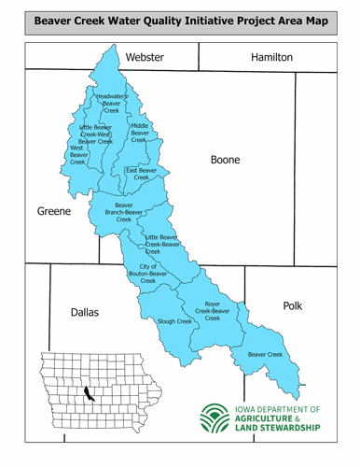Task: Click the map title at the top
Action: click(180, 21)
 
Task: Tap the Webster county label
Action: click(145, 58)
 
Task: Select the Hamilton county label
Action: click(271, 58)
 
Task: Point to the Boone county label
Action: click(225, 161)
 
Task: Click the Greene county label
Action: click(54, 212)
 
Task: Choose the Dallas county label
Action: click(85, 313)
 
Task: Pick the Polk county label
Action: click(293, 305)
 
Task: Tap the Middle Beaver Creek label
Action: click(140, 133)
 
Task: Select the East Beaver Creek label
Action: click(141, 175)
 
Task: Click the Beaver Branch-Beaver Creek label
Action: click(124, 212)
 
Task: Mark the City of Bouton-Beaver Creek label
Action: click(148, 274)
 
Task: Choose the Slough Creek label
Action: click(174, 321)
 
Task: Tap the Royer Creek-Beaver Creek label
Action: click(213, 311)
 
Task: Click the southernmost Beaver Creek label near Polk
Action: click(265, 355)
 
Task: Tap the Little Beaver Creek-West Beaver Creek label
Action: click(95, 134)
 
